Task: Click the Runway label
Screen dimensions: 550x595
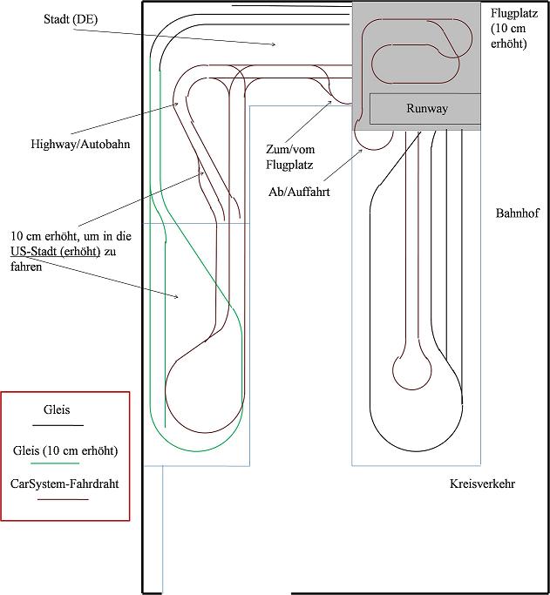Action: tap(426, 109)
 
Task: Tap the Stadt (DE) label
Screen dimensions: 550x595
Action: tap(71, 19)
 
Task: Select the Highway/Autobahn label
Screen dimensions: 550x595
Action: tap(80, 145)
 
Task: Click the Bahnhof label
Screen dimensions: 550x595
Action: tap(517, 213)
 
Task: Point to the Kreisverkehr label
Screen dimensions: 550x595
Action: tap(482, 483)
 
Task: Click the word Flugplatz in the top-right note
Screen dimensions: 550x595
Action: tap(514, 13)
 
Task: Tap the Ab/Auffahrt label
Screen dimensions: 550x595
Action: tap(299, 192)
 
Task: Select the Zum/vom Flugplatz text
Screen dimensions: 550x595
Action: tap(290, 157)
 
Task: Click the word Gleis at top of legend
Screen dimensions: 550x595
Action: tap(57, 409)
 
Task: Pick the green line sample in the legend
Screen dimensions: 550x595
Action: tap(55, 463)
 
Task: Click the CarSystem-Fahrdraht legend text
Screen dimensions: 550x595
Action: tap(65, 483)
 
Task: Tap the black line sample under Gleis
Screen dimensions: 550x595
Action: tap(58, 425)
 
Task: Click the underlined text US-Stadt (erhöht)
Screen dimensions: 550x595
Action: tap(56, 252)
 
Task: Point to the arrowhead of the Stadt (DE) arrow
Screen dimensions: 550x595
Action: tap(274, 44)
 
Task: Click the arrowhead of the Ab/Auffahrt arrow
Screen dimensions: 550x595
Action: tap(361, 151)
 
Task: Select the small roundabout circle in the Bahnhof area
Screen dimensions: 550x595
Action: tap(411, 389)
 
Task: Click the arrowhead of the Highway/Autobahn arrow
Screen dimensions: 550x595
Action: tap(176, 103)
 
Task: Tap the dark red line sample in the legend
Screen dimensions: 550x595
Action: tap(63, 499)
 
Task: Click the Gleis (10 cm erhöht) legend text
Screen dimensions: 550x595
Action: tap(65, 450)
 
